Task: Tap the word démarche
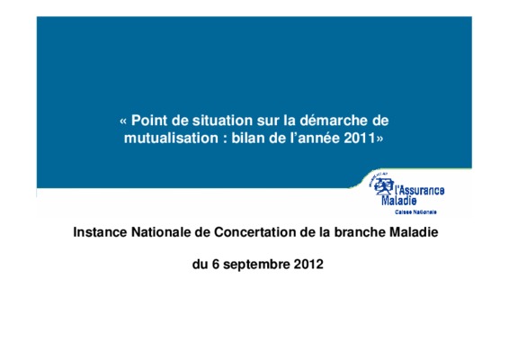(x=334, y=121)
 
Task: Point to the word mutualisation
(x=171, y=138)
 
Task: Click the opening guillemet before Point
(x=123, y=121)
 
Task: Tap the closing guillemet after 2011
(x=380, y=139)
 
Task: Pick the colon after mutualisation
(x=225, y=139)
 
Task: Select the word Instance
(x=100, y=232)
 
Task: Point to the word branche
(x=360, y=232)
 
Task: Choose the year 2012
(x=308, y=264)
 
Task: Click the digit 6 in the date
(x=216, y=264)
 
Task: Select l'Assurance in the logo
(x=419, y=190)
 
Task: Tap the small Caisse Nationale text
(x=415, y=212)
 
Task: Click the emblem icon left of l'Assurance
(x=382, y=184)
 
